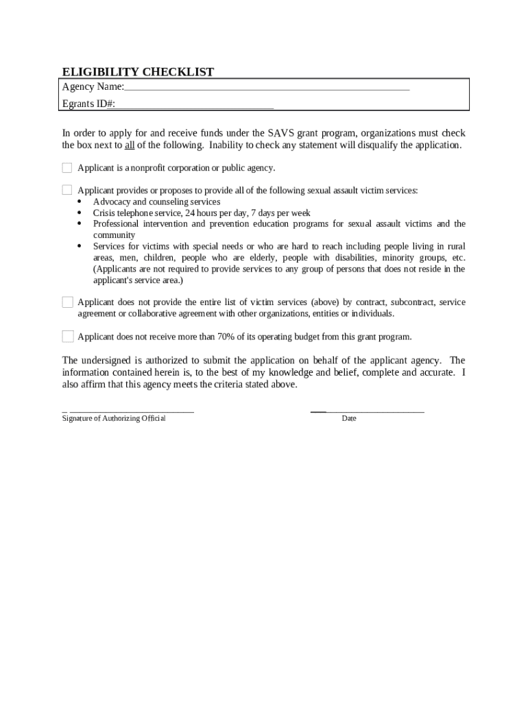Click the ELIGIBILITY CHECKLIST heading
pyautogui.click(x=138, y=72)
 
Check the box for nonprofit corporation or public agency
pyautogui.click(x=67, y=168)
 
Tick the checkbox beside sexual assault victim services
pyautogui.click(x=67, y=190)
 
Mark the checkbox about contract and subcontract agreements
pyautogui.click(x=67, y=302)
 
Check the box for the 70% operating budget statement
pyautogui.click(x=67, y=336)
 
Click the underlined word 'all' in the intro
pyautogui.click(x=129, y=145)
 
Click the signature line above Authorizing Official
pyautogui.click(x=130, y=411)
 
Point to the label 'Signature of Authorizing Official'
pyautogui.click(x=113, y=419)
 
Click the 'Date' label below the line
pyautogui.click(x=349, y=419)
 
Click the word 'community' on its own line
pyautogui.click(x=114, y=235)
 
